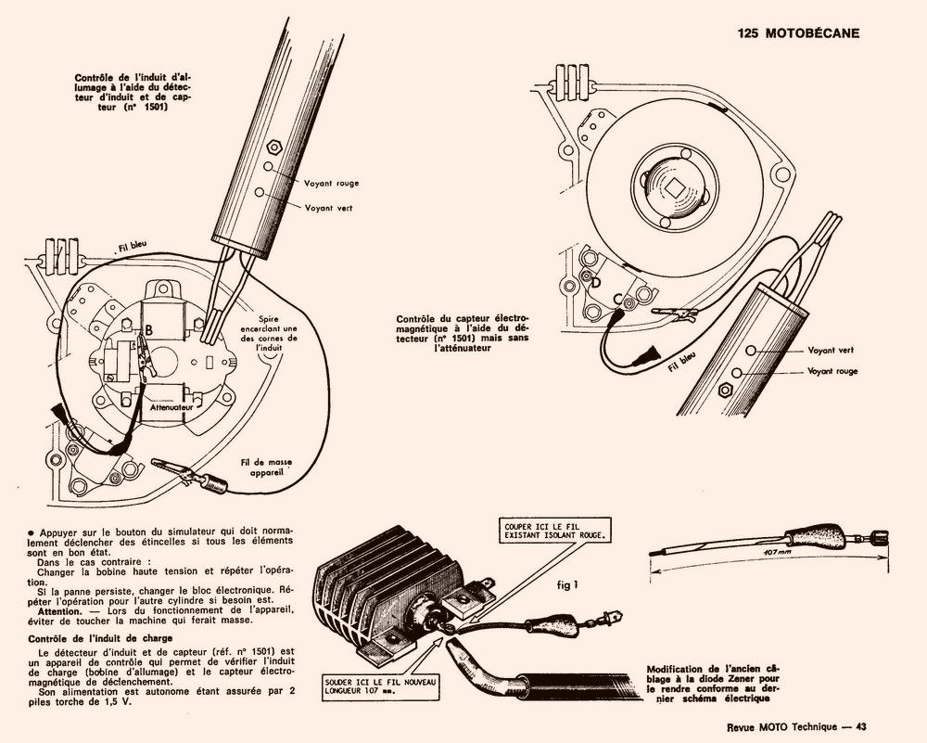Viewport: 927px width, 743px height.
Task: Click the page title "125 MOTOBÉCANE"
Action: click(x=798, y=32)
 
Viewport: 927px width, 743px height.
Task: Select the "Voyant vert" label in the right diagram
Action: click(x=831, y=350)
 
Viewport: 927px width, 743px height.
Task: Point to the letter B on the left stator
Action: click(x=147, y=329)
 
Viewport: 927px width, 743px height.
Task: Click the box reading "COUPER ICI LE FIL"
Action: click(x=554, y=530)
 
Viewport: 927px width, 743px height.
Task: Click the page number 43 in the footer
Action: click(x=860, y=726)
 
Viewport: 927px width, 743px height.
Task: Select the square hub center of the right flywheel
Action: click(x=674, y=185)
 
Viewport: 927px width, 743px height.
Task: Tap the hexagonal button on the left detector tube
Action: click(x=273, y=146)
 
